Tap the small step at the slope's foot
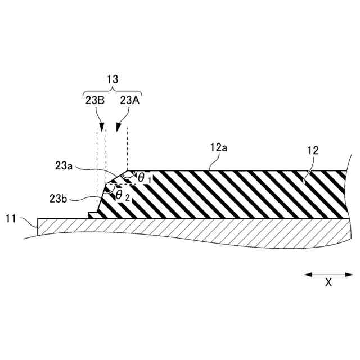[x=93, y=215]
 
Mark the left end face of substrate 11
[x=38, y=227]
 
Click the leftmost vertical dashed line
[x=97, y=169]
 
